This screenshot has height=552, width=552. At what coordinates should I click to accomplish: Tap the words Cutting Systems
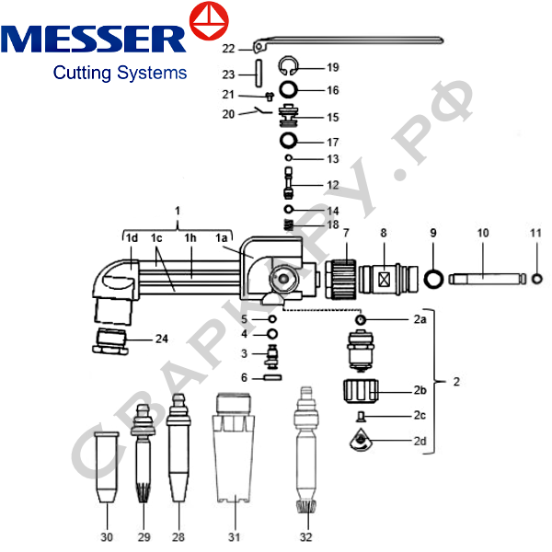tap(120, 72)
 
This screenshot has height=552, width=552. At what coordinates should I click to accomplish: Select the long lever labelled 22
tap(350, 40)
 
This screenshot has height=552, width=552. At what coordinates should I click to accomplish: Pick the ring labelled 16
tap(289, 90)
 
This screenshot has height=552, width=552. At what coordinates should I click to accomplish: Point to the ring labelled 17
tap(289, 142)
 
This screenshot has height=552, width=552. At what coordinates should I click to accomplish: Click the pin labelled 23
tap(260, 71)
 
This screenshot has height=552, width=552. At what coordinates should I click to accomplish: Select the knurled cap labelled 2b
tap(360, 394)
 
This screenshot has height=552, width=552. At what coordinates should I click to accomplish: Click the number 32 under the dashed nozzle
tap(305, 536)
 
